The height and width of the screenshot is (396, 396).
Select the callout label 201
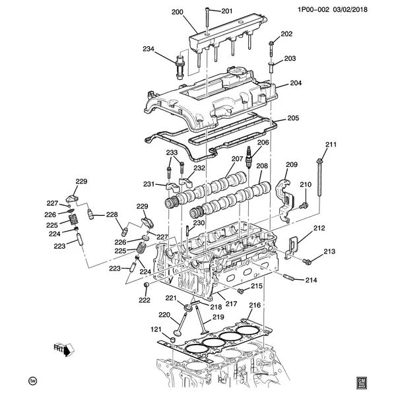pyautogui.click(x=227, y=11)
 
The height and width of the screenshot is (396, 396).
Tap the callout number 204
pyautogui.click(x=295, y=84)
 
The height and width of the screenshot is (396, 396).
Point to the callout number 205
pyautogui.click(x=293, y=119)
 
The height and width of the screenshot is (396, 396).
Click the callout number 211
pyautogui.click(x=331, y=145)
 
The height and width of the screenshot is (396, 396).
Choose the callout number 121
pyautogui.click(x=156, y=329)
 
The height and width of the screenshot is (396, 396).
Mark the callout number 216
pyautogui.click(x=255, y=306)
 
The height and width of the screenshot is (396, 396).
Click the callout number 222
pyautogui.click(x=144, y=300)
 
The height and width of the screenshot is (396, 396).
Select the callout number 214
pyautogui.click(x=312, y=280)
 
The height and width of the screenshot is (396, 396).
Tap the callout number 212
pyautogui.click(x=319, y=228)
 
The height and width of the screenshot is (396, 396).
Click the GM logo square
pyautogui.click(x=362, y=381)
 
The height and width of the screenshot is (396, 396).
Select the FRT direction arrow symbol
pyautogui.click(x=65, y=349)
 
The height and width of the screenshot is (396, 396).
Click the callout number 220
pyautogui.click(x=164, y=314)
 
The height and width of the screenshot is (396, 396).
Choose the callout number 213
pyautogui.click(x=329, y=251)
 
